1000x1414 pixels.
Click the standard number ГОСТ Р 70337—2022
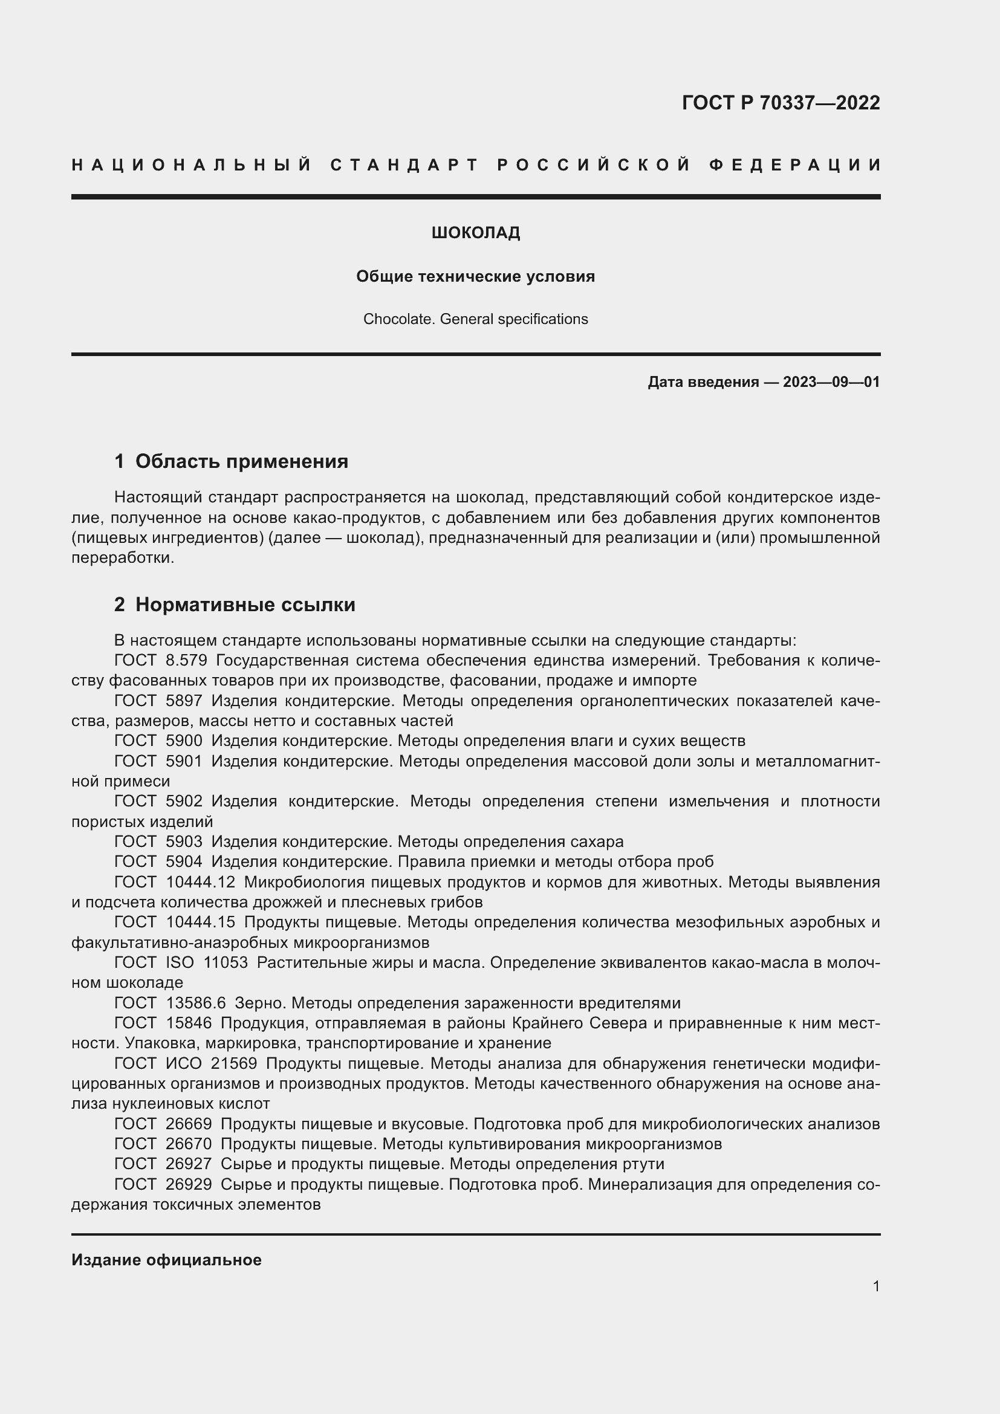tap(780, 102)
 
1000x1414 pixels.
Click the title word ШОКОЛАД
tap(475, 233)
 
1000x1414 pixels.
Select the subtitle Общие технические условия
tap(475, 276)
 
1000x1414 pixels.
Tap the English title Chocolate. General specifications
tap(475, 319)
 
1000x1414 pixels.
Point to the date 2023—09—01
tap(831, 382)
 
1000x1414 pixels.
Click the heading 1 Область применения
tap(231, 461)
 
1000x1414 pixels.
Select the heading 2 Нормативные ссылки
tap(235, 605)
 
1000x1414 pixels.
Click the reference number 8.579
tap(187, 660)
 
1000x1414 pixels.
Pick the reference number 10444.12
tap(201, 882)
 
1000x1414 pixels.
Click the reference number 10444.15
tap(201, 922)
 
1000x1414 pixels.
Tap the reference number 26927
tap(189, 1164)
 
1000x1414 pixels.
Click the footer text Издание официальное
tap(166, 1260)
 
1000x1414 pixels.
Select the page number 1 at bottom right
tap(876, 1286)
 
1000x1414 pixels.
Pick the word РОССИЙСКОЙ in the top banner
tap(593, 165)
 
